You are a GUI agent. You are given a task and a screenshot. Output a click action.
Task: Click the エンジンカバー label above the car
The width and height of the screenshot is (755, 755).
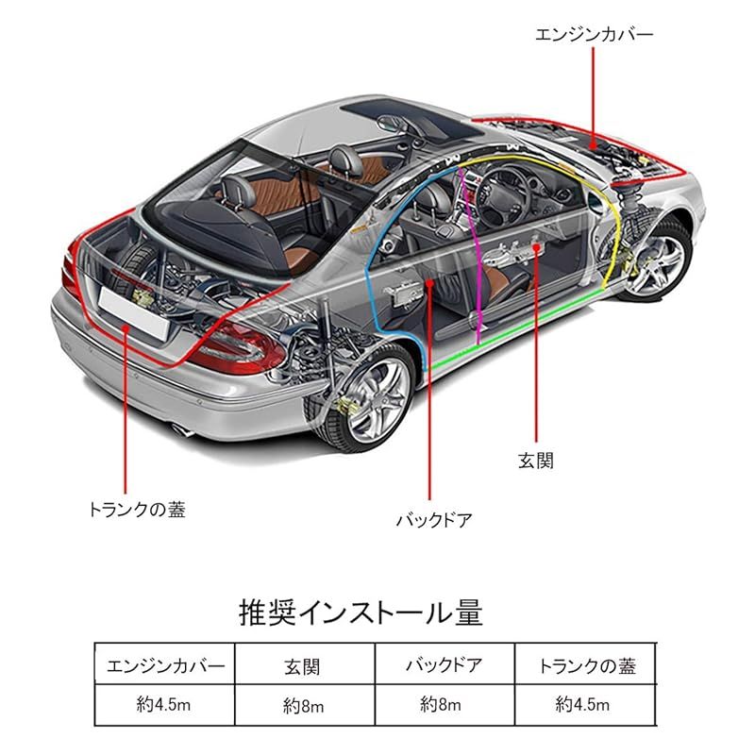595,35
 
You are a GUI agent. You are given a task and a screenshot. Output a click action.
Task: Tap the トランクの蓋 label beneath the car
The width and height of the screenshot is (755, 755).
137,510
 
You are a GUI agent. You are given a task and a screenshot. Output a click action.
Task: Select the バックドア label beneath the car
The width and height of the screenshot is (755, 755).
434,520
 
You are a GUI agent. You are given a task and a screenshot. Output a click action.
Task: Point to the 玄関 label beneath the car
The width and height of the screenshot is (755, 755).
536,461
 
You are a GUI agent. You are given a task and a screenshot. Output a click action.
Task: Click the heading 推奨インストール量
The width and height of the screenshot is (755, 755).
361,612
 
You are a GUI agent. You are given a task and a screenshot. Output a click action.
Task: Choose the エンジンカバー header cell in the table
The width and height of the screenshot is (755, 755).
165,666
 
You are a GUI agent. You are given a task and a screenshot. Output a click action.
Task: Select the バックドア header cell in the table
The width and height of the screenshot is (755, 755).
444,665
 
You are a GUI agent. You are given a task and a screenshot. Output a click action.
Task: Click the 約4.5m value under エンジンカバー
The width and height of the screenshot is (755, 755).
163,704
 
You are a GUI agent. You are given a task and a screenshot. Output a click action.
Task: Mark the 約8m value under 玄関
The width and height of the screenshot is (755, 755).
303,706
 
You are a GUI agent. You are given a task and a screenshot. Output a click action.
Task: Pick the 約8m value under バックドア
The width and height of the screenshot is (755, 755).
441,704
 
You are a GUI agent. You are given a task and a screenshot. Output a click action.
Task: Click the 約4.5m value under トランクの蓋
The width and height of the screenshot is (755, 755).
582,704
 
